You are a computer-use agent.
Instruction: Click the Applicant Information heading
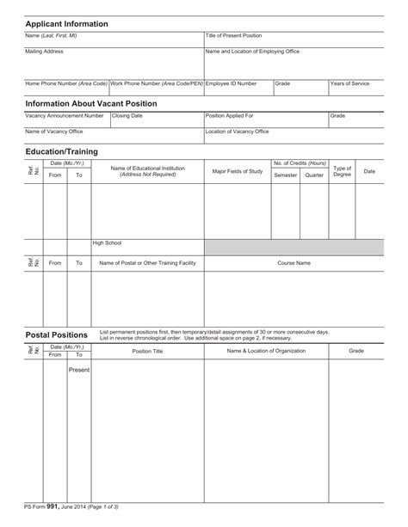(x=66, y=24)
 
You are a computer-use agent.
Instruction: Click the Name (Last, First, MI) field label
(x=52, y=36)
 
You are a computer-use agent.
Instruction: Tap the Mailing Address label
(x=44, y=52)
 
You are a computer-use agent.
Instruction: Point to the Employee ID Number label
(x=231, y=84)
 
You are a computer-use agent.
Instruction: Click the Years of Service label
(x=350, y=84)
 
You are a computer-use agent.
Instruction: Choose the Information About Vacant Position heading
(x=103, y=103)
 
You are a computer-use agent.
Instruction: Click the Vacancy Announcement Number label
(x=65, y=115)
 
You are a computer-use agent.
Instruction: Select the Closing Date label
(x=127, y=115)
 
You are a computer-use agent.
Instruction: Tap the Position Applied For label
(x=230, y=115)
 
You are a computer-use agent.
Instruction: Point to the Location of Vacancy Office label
(x=237, y=132)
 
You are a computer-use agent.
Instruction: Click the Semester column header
(x=285, y=175)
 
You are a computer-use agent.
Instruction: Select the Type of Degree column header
(x=343, y=171)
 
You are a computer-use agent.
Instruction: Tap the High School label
(x=108, y=243)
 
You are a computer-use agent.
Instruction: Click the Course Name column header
(x=294, y=263)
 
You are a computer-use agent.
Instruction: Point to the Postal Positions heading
(x=57, y=335)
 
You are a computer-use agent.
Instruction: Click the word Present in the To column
(x=79, y=370)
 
